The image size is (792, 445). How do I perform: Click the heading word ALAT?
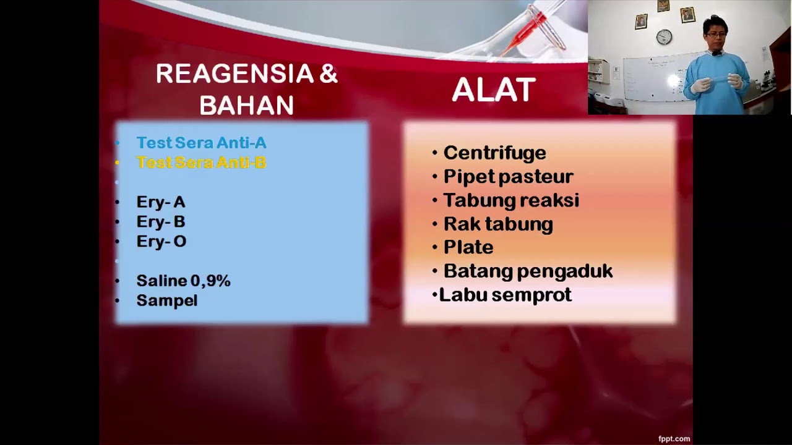(493, 90)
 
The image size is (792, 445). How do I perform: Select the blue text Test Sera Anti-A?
(201, 143)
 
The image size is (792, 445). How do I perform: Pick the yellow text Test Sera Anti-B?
(201, 163)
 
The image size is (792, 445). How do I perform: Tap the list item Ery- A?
(160, 202)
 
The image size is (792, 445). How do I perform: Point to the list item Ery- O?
(161, 242)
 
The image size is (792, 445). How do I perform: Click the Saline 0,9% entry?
(183, 281)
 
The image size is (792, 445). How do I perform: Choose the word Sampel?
(166, 301)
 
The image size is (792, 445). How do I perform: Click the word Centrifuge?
(494, 153)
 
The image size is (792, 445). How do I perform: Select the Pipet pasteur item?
(508, 177)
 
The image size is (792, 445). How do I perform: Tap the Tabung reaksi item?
(510, 200)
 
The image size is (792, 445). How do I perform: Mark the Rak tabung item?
(497, 224)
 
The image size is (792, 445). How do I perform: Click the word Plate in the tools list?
(468, 247)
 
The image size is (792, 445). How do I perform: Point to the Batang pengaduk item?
(528, 271)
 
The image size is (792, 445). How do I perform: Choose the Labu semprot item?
(505, 295)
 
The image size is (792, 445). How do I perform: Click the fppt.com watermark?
(674, 439)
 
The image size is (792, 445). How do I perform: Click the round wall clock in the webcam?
(664, 37)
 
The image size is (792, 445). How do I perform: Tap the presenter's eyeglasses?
(715, 35)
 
